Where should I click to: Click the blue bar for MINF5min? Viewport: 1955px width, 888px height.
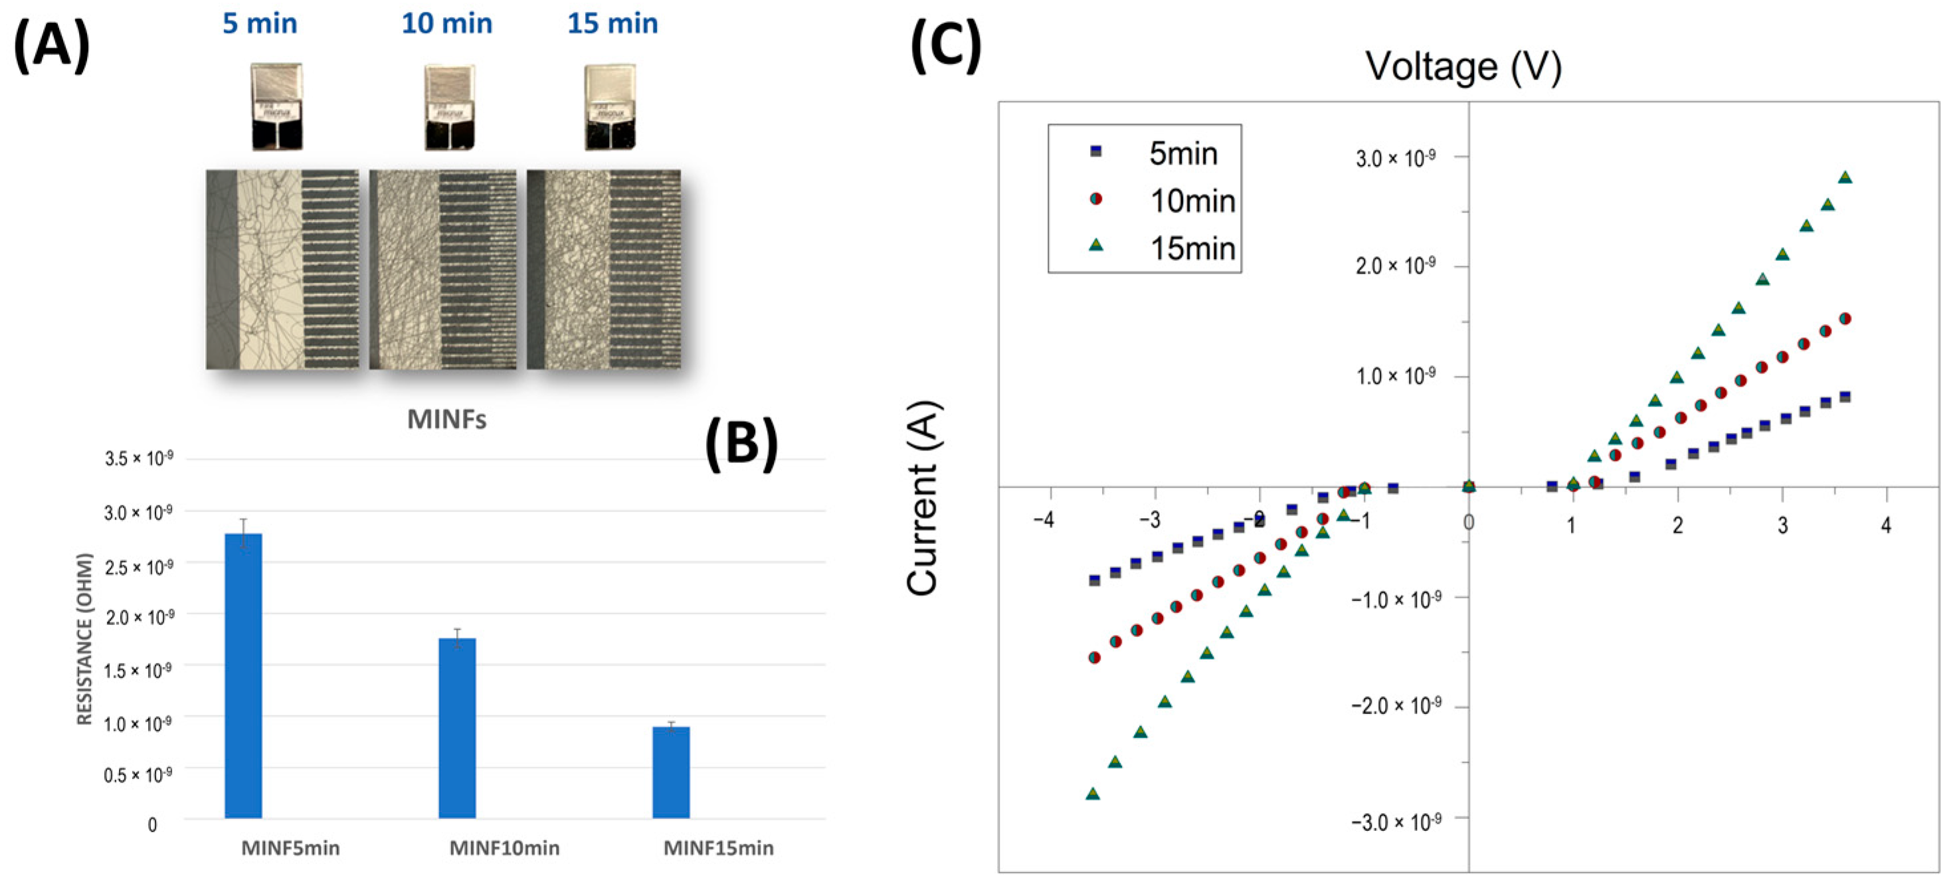click(243, 675)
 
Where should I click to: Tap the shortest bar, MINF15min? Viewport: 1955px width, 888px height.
click(671, 772)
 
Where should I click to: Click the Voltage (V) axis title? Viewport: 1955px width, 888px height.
click(1463, 67)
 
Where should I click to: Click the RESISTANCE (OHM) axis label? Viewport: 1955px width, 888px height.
click(84, 639)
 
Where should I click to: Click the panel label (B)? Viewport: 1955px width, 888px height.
click(741, 444)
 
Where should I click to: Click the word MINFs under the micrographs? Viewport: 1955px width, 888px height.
click(446, 419)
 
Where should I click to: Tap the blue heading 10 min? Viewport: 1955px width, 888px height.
click(446, 23)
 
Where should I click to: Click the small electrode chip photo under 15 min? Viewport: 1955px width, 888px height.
click(610, 107)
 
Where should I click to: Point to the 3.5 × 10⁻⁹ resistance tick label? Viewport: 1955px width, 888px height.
click(139, 458)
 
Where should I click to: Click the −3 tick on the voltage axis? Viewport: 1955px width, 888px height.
click(1149, 521)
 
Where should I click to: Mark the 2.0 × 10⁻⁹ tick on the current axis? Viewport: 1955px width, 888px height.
click(1395, 266)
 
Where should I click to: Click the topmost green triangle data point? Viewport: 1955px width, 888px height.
click(1845, 177)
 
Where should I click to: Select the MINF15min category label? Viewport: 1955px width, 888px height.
click(718, 847)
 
